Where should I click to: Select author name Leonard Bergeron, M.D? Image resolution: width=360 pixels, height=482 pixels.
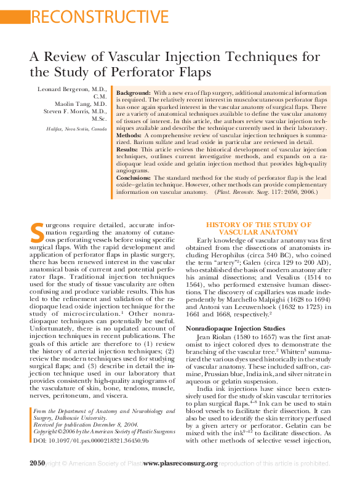(x=73, y=89)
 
